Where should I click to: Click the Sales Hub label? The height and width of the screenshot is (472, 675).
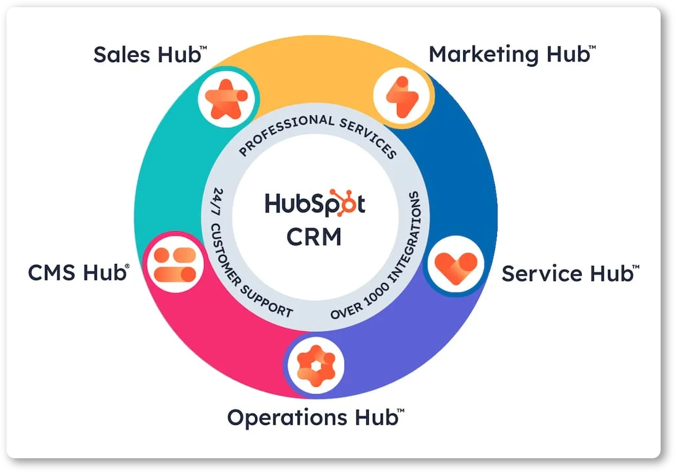click(150, 55)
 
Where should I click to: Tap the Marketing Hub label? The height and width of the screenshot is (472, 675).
click(512, 55)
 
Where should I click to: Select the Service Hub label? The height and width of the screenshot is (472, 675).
click(570, 273)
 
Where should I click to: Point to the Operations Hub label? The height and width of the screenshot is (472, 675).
click(315, 417)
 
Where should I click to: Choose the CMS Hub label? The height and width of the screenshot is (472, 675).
click(78, 272)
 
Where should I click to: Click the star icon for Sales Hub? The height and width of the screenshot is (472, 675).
click(226, 99)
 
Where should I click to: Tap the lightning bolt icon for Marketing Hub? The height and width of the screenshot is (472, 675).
click(402, 97)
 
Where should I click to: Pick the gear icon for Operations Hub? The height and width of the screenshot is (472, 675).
click(316, 366)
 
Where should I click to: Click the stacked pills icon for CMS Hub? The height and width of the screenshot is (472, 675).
click(175, 264)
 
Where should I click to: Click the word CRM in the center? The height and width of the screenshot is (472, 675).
click(314, 236)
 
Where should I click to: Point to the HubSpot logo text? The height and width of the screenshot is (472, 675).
click(315, 203)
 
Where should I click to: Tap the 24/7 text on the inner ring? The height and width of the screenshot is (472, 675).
click(217, 202)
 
